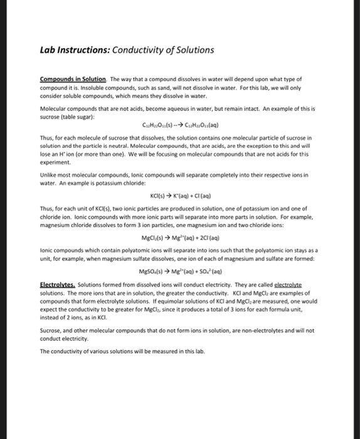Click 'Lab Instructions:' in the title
point(70,50)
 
